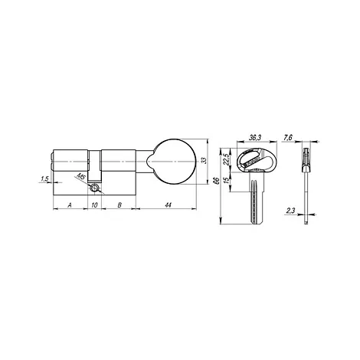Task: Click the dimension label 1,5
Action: [x=44, y=179]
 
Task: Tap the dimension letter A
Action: [x=69, y=205]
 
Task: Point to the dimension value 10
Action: [x=94, y=205]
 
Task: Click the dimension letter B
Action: [x=119, y=205]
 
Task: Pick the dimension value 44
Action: [x=168, y=205]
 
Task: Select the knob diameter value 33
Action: [x=204, y=161]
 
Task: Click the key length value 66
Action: [x=218, y=181]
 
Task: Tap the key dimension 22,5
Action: [x=226, y=160]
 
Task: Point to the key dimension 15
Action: [x=226, y=180]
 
